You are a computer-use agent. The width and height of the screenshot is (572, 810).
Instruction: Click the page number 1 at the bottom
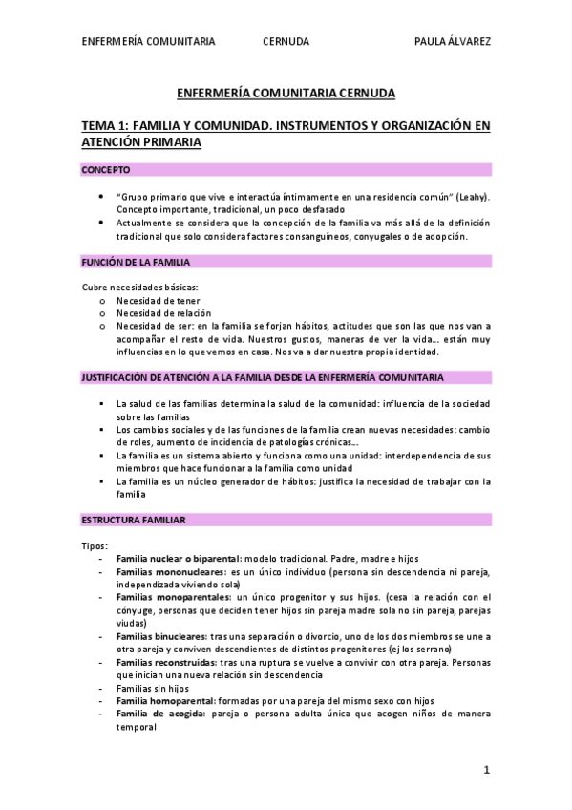(x=486, y=769)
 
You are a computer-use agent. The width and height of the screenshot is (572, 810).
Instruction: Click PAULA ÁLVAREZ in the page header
(x=453, y=41)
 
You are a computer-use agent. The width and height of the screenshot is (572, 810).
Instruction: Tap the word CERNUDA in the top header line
(x=286, y=41)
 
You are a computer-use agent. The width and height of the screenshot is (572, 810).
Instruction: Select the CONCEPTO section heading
(x=105, y=169)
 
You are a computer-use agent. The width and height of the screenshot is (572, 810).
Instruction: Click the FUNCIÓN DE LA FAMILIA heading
(x=137, y=261)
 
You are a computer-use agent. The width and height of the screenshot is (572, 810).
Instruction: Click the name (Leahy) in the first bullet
(x=471, y=196)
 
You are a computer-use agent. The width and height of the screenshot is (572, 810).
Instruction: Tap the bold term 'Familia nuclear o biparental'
(x=178, y=558)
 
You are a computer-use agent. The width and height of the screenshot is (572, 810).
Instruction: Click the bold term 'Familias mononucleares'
(x=164, y=571)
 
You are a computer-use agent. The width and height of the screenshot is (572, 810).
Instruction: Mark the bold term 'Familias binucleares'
(x=159, y=635)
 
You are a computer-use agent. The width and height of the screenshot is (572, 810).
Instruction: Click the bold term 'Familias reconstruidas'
(x=165, y=661)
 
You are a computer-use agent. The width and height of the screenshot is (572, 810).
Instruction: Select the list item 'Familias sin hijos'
(x=152, y=687)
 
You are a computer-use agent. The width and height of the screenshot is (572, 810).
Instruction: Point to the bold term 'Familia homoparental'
(x=165, y=700)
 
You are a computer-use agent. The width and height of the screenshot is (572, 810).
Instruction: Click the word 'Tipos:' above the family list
(x=95, y=544)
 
